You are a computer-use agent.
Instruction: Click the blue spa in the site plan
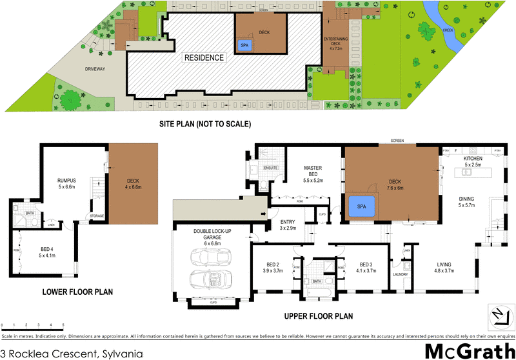(x=244, y=45)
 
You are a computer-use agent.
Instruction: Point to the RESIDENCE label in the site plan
(x=204, y=57)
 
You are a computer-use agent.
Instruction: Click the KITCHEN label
(x=472, y=158)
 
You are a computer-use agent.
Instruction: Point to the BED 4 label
(x=46, y=251)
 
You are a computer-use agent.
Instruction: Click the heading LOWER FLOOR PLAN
(x=77, y=292)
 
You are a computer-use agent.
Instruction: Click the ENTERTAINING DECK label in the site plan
(x=335, y=44)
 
